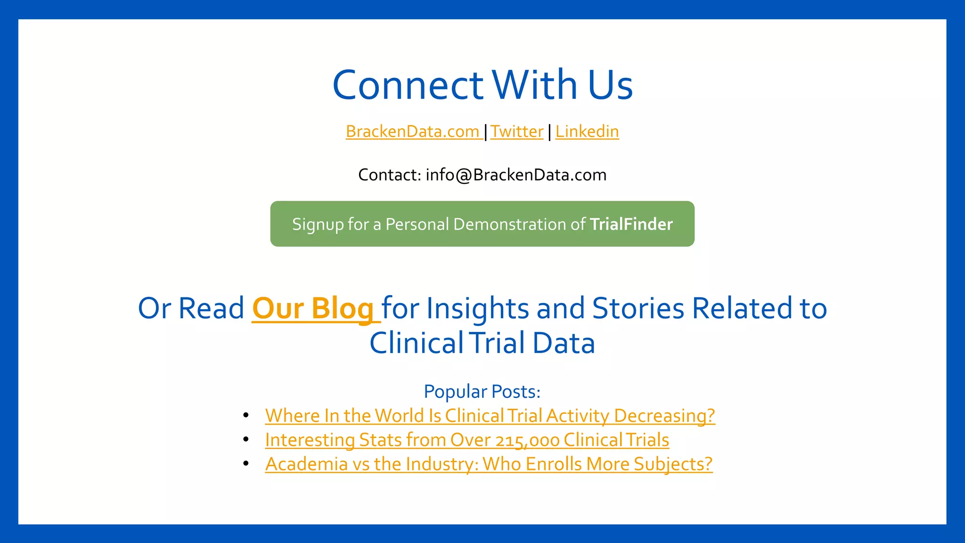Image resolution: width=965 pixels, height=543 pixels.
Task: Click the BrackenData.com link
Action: pyautogui.click(x=413, y=132)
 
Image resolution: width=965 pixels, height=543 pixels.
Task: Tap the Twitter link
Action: pyautogui.click(x=517, y=132)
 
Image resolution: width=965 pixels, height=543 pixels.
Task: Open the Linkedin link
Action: pyautogui.click(x=587, y=132)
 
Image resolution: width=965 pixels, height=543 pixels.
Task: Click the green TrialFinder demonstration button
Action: pyautogui.click(x=482, y=224)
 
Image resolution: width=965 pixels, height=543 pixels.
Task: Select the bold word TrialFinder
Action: pyautogui.click(x=631, y=224)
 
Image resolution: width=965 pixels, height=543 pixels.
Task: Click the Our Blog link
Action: pyautogui.click(x=313, y=309)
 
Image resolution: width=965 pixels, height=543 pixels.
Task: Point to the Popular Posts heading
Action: pyautogui.click(x=482, y=392)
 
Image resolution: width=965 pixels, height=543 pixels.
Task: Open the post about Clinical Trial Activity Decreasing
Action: pyautogui.click(x=490, y=416)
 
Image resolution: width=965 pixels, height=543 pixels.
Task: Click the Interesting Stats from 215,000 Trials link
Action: pyautogui.click(x=467, y=440)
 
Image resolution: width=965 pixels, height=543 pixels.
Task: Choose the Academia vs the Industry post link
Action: pyautogui.click(x=489, y=464)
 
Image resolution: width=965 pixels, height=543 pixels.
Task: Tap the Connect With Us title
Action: pyautogui.click(x=482, y=85)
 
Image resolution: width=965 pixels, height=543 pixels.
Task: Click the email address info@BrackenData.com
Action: pyautogui.click(x=516, y=175)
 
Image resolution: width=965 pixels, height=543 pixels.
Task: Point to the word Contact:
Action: pyautogui.click(x=390, y=175)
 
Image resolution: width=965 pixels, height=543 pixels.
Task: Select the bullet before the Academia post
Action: pyautogui.click(x=246, y=463)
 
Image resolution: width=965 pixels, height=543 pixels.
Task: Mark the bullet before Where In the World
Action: pyautogui.click(x=246, y=415)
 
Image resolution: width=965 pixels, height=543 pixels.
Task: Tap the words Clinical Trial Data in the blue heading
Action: pyautogui.click(x=482, y=343)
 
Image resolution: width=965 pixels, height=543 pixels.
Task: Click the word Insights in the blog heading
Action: pyautogui.click(x=478, y=309)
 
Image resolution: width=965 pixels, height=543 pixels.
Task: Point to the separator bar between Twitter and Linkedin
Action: pyautogui.click(x=549, y=132)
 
